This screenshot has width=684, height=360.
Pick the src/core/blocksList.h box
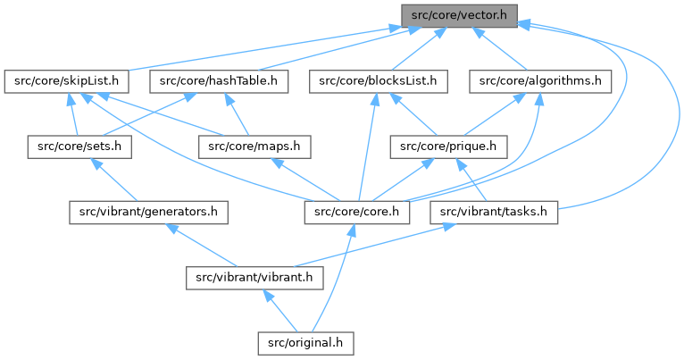pyautogui.click(x=380, y=81)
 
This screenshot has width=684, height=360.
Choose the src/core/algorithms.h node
pyautogui.click(x=539, y=81)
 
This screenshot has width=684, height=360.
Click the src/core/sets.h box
pyautogui.click(x=79, y=147)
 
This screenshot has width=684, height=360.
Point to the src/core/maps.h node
pyautogui.click(x=254, y=147)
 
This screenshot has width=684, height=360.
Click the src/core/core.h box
pyautogui.click(x=357, y=212)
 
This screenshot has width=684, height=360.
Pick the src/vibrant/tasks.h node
pyautogui.click(x=494, y=212)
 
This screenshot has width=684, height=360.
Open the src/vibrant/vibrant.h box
pyautogui.click(x=254, y=277)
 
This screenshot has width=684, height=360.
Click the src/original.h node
pyautogui.click(x=306, y=342)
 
